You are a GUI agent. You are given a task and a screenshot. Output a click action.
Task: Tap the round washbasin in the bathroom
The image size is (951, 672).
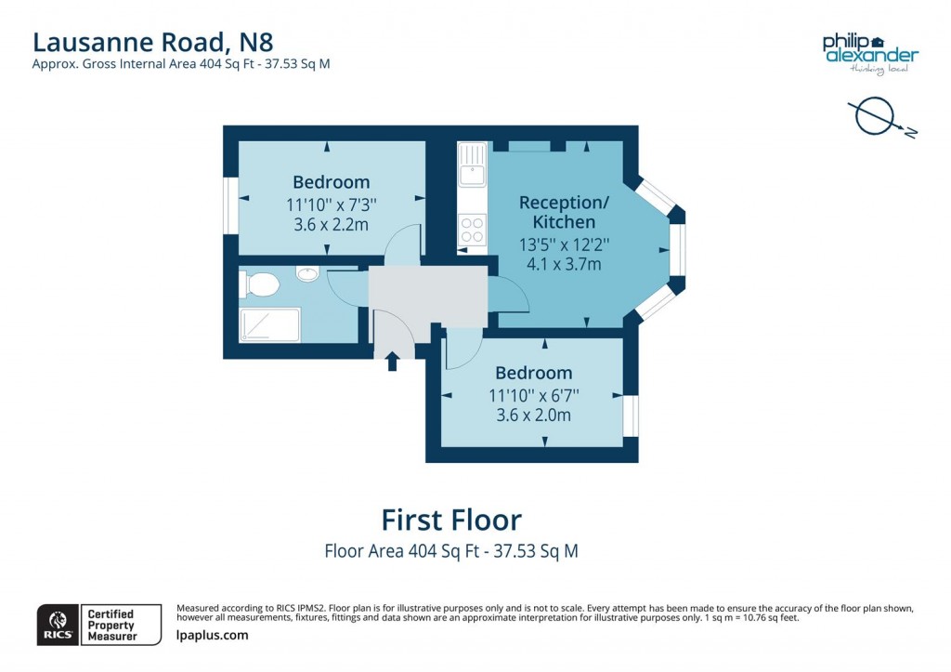click(307, 273)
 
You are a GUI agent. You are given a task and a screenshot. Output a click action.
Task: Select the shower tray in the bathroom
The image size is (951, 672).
click(270, 324)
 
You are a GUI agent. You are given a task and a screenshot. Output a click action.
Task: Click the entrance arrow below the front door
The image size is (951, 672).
click(392, 361)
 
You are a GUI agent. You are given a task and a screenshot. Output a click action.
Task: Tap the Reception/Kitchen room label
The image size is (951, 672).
click(557, 213)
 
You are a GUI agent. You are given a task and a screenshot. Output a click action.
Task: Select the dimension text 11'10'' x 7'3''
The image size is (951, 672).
click(332, 204)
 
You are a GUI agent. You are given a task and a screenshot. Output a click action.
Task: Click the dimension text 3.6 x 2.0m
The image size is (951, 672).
click(533, 415)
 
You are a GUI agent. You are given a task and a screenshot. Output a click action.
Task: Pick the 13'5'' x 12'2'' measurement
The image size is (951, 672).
click(557, 244)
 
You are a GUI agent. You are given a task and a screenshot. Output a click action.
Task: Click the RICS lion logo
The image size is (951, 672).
click(57, 624)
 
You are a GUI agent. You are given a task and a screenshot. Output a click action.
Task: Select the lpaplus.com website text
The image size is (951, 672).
click(212, 636)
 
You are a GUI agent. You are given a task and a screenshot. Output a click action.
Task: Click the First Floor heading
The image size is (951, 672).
click(451, 519)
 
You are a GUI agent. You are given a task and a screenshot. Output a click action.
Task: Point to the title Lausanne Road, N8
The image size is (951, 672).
click(153, 41)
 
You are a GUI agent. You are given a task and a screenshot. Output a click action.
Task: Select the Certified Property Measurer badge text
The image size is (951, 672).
click(111, 625)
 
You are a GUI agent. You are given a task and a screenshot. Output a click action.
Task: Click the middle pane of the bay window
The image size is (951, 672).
click(678, 251)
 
